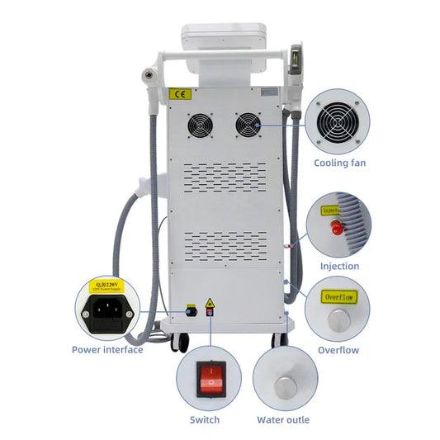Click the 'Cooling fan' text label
click(x=338, y=163)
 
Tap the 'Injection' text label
click(x=339, y=266)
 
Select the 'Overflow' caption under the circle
click(x=338, y=350)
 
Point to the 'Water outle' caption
click(x=284, y=420)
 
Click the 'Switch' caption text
click(x=205, y=420)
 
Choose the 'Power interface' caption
click(x=107, y=349)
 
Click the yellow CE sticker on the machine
click(x=180, y=94)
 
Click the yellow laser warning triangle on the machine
click(x=211, y=305)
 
